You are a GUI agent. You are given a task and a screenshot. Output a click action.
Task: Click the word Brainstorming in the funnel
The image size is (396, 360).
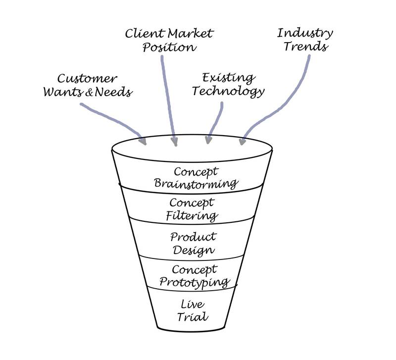tap(197, 184)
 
